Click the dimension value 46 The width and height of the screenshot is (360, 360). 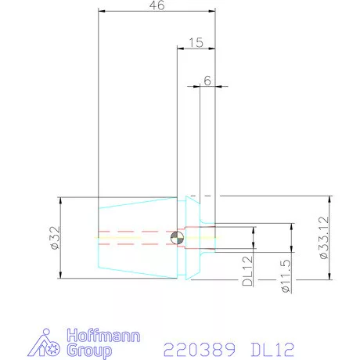(x=157, y=5)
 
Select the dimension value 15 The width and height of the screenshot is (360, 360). (x=196, y=42)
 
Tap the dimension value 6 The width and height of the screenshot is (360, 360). (x=207, y=81)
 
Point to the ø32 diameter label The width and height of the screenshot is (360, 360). (x=56, y=238)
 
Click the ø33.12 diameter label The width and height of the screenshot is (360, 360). (x=324, y=237)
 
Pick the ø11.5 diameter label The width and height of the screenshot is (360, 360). (x=286, y=276)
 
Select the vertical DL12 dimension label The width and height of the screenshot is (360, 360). (x=247, y=271)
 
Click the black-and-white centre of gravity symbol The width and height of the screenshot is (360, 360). (x=177, y=238)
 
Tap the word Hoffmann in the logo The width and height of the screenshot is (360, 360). (x=103, y=336)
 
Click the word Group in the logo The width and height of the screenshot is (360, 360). (x=89, y=351)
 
